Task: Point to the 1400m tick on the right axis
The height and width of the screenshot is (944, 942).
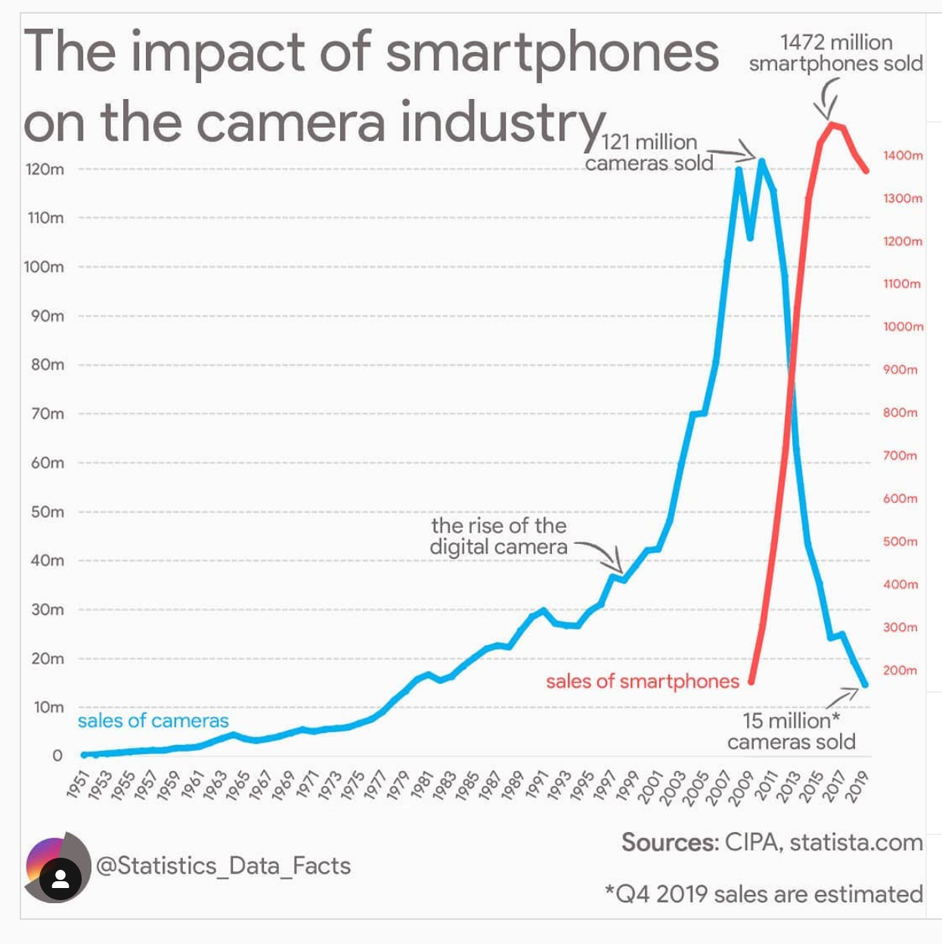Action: [903, 156]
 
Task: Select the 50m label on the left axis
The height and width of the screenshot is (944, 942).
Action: [47, 512]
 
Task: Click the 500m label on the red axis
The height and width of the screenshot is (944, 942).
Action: [900, 542]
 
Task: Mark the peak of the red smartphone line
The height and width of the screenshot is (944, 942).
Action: [831, 123]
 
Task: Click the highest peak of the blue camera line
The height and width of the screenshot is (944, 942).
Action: [761, 160]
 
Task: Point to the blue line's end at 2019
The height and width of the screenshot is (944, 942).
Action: [865, 685]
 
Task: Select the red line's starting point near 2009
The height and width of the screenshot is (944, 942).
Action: [751, 682]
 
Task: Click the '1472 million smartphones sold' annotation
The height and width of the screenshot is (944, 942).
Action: [835, 53]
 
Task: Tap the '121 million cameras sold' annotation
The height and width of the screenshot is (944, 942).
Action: [649, 153]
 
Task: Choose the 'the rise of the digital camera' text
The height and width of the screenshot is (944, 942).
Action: [498, 536]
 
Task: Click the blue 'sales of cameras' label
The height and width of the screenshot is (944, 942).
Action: [153, 721]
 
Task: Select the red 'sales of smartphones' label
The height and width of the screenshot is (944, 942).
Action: [642, 682]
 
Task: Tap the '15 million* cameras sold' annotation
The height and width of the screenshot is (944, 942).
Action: [791, 731]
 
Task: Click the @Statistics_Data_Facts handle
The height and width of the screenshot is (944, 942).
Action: [223, 865]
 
